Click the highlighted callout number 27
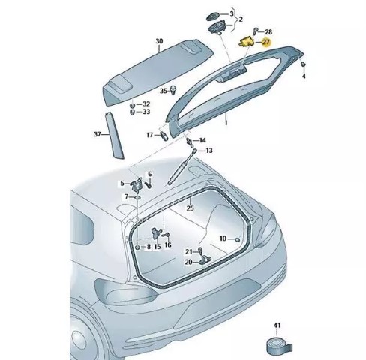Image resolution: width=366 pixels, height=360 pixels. [266, 42]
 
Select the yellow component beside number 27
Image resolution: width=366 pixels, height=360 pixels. [247, 41]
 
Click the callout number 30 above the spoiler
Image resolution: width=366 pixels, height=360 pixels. [159, 41]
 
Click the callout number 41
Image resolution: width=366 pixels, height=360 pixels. [277, 325]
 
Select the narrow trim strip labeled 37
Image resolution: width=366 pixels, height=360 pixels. [114, 136]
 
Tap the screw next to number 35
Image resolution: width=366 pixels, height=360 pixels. [172, 90]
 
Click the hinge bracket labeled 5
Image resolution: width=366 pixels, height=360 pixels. [136, 184]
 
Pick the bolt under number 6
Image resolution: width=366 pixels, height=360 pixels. [149, 185]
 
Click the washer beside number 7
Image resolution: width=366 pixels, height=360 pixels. [138, 197]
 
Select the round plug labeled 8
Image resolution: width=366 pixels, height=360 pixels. [137, 247]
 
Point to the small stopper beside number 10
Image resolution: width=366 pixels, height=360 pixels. [238, 240]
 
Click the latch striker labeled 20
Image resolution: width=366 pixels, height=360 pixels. [205, 259]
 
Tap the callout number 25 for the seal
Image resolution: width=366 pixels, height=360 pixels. [190, 208]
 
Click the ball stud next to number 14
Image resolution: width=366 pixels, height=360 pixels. [189, 142]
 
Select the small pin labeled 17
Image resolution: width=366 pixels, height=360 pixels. [164, 136]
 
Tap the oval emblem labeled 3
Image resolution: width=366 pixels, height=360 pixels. [213, 16]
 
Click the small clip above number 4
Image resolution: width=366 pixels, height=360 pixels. [303, 64]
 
